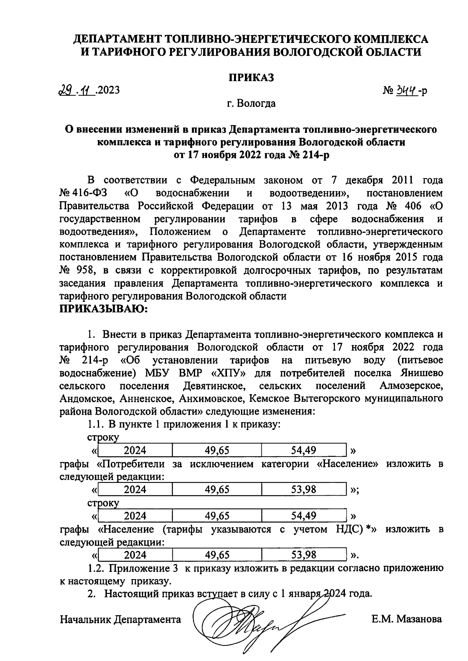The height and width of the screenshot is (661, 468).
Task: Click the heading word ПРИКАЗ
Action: (251, 78)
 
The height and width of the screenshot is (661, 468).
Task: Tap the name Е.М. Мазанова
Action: (407, 619)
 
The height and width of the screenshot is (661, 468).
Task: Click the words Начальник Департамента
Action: (121, 619)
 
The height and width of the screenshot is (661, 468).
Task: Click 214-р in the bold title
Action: (314, 155)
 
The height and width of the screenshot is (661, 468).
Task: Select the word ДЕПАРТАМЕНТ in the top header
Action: (118, 39)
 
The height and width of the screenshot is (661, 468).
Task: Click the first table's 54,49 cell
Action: (303, 450)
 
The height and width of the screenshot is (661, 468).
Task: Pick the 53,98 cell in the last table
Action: (303, 555)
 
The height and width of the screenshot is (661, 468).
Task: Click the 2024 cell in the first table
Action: (135, 450)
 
